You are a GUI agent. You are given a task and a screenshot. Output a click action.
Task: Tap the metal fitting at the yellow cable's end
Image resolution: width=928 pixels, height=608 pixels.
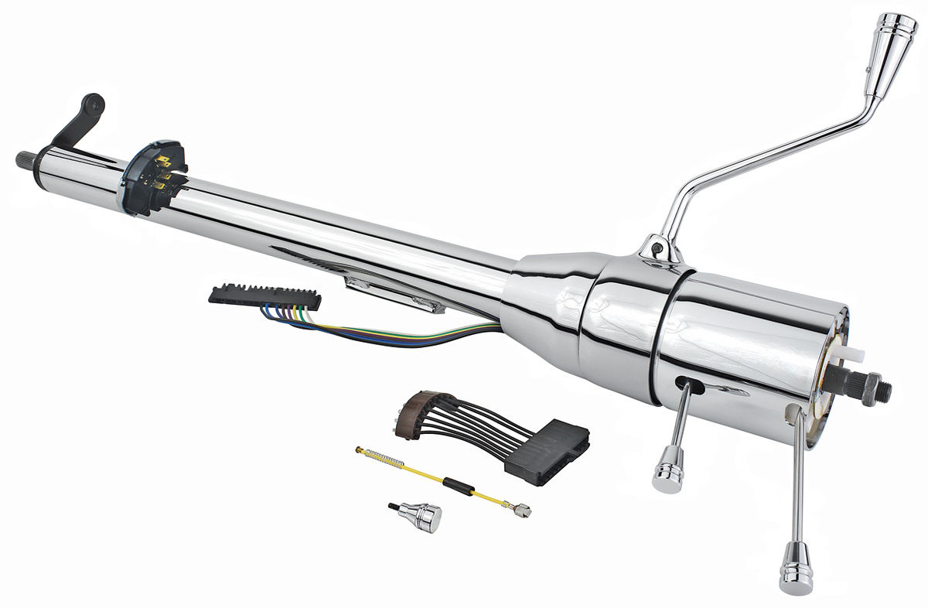[522, 511]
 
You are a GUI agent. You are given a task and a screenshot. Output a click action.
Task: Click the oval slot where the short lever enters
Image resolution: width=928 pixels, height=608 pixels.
[688, 382]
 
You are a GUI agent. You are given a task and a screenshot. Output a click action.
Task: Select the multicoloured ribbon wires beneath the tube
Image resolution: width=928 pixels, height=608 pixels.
[402, 334]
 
